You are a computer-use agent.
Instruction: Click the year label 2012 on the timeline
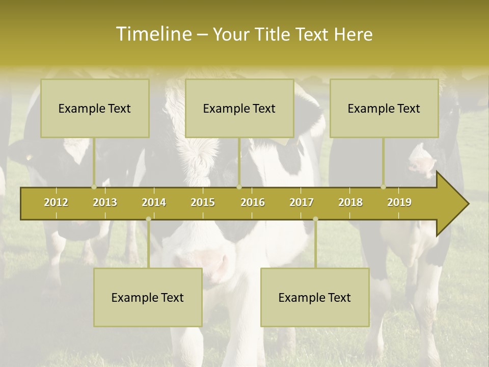56,202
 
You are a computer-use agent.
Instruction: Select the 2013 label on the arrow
105,202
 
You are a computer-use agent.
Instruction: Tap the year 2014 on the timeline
154,202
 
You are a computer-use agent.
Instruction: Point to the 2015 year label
203,202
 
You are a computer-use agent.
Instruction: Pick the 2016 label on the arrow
253,202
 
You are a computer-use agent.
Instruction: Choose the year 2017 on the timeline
302,202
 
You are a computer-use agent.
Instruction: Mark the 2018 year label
350,202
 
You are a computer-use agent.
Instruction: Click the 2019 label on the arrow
399,202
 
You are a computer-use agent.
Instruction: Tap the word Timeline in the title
153,34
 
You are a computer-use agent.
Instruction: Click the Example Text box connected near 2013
95,108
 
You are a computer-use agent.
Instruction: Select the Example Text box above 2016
239,108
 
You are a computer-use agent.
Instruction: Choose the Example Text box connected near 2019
384,108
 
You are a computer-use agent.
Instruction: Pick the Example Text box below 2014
148,297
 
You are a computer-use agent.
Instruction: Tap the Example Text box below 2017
315,297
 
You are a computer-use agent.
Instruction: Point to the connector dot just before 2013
94,187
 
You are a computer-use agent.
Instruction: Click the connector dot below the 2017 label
315,219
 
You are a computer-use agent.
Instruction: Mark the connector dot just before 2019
383,187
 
